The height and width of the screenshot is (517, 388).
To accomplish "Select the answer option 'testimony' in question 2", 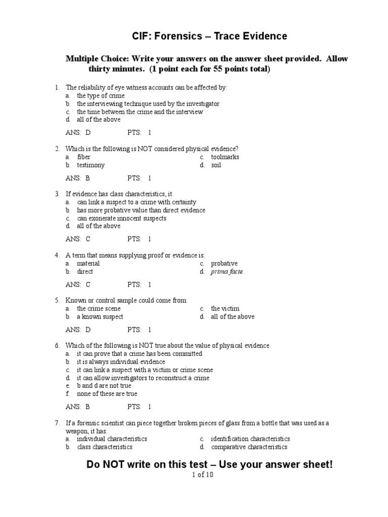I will pos(90,165).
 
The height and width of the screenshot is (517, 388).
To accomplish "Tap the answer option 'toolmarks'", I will pos(225,157).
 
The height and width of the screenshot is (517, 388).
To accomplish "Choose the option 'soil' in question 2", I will pos(216,165).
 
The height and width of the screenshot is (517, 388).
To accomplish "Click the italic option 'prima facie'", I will pos(227,272).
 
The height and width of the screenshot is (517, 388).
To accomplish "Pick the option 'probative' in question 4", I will pos(224,264).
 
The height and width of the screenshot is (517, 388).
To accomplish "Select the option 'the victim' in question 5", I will pos(225,308).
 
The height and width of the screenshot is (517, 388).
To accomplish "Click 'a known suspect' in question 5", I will pos(100,317).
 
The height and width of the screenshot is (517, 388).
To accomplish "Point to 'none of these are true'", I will pos(107,394).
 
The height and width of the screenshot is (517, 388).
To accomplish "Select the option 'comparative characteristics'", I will pos(249,447).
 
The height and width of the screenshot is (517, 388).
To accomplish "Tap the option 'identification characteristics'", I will pos(250,439).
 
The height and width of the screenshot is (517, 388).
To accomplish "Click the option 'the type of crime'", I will pos(101,95).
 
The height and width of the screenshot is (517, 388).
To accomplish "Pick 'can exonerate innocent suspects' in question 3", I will pos(121,218).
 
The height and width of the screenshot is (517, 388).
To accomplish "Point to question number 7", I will pos(58,423).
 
